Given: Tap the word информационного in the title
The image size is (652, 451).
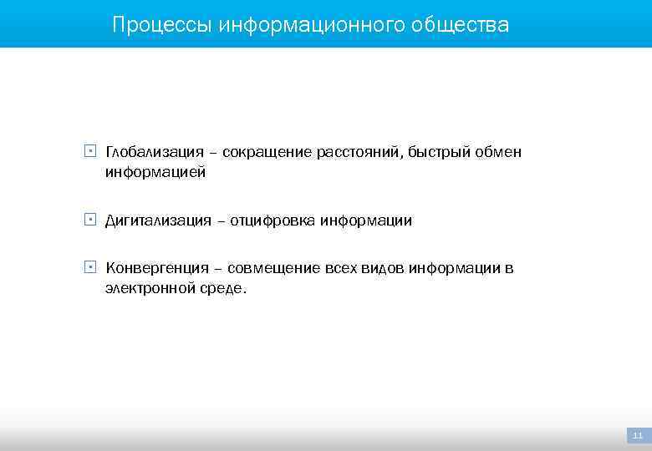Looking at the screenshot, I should tap(312, 25).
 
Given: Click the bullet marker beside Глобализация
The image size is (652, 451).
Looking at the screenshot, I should tap(89, 152).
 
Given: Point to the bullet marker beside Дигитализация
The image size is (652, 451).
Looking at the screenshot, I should tap(89, 220).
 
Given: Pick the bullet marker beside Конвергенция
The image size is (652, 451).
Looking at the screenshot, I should tap(89, 267).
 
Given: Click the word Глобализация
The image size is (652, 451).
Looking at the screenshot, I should tap(155, 152).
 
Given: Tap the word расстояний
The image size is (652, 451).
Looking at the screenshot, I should tap(360, 152).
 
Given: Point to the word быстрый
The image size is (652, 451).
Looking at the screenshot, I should tap(442, 152).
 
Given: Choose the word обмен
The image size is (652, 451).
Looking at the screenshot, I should tap(500, 152).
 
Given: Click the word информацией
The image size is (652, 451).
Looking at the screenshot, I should tap(155, 173).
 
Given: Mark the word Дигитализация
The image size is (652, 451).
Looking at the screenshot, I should tap(158, 220).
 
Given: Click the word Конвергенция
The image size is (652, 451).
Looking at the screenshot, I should tap(157, 268).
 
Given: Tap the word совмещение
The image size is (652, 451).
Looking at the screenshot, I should tap(273, 268).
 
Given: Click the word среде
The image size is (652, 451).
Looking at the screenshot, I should tap(225, 289).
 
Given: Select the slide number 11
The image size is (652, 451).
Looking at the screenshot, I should tap(638, 435).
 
